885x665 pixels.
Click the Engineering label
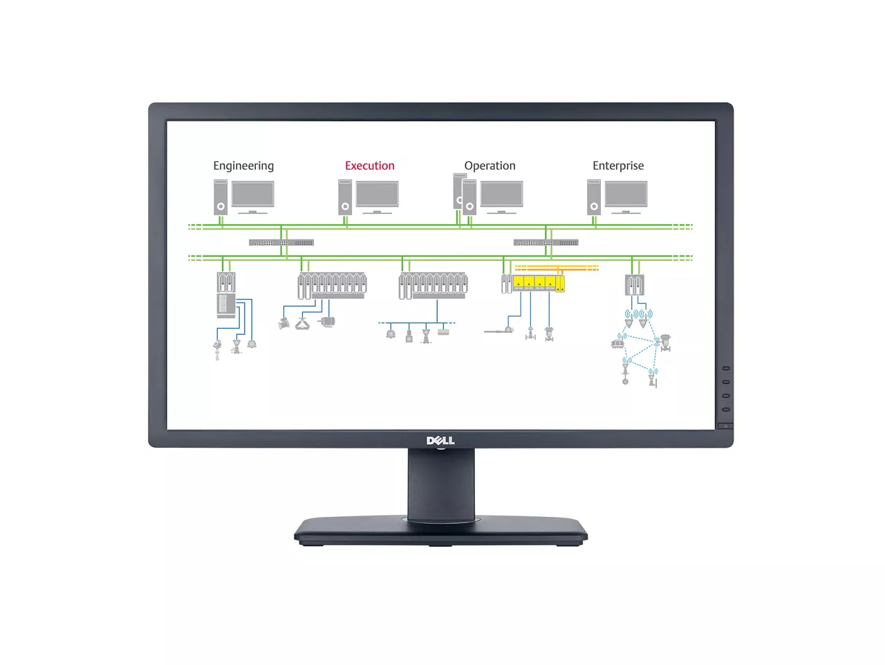pos(243,166)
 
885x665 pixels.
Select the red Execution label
pos(370,166)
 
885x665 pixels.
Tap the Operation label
pos(490,166)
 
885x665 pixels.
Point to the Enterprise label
pos(618,166)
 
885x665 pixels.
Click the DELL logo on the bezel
pos(440,440)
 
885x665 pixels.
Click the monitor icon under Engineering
pos(252,196)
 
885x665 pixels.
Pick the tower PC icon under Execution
pos(345,197)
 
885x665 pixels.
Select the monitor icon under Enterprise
pos(626,196)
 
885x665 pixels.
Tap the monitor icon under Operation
pos(501,196)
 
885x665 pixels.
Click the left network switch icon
pos(281,243)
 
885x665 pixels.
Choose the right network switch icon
pos(546,243)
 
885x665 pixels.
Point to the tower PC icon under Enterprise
pos(594,197)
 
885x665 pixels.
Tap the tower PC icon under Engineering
pos(221,197)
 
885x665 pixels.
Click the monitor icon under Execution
pos(377,196)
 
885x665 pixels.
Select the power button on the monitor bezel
pos(725,426)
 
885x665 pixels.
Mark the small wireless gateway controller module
pos(635,284)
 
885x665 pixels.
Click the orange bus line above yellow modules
pos(557,267)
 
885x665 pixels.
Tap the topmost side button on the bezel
pos(726,368)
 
